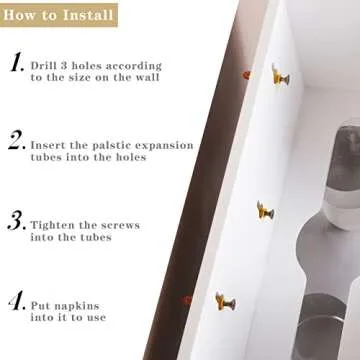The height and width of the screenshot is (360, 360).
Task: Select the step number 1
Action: click(x=16, y=65)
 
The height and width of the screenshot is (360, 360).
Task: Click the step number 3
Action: click(x=16, y=220)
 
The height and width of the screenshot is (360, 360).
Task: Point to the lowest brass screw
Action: click(x=224, y=300)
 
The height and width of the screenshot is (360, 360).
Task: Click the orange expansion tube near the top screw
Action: click(x=246, y=74)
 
